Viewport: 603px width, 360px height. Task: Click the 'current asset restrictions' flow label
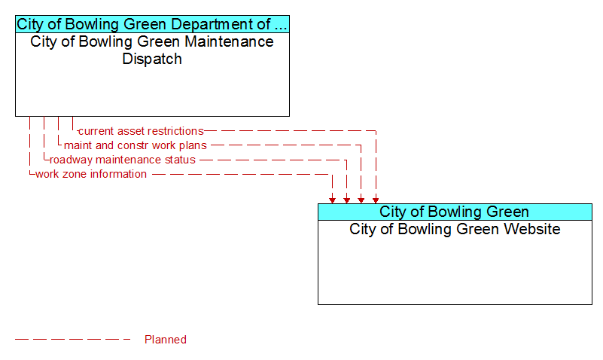coord(141,131)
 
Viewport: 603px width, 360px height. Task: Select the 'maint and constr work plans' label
coord(136,145)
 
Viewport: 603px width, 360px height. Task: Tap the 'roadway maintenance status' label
coord(123,160)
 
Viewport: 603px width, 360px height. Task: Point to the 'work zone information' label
coord(91,174)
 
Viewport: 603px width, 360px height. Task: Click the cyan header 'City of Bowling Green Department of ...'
coord(152,24)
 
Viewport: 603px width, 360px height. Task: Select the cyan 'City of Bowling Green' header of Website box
coord(455,212)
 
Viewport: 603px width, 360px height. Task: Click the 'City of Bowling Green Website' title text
coord(455,229)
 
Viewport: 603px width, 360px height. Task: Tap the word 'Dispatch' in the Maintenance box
coord(152,59)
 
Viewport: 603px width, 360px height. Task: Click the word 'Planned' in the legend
coord(166,340)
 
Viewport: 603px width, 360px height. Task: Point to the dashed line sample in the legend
coord(73,340)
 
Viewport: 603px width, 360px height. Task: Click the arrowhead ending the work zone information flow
coord(332,200)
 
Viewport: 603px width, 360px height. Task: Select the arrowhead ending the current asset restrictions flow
coord(376,200)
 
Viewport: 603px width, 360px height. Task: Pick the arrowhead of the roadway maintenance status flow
coord(347,200)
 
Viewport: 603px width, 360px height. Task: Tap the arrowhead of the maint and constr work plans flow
coord(361,200)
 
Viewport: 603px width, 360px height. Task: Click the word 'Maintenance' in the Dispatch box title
coord(229,41)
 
